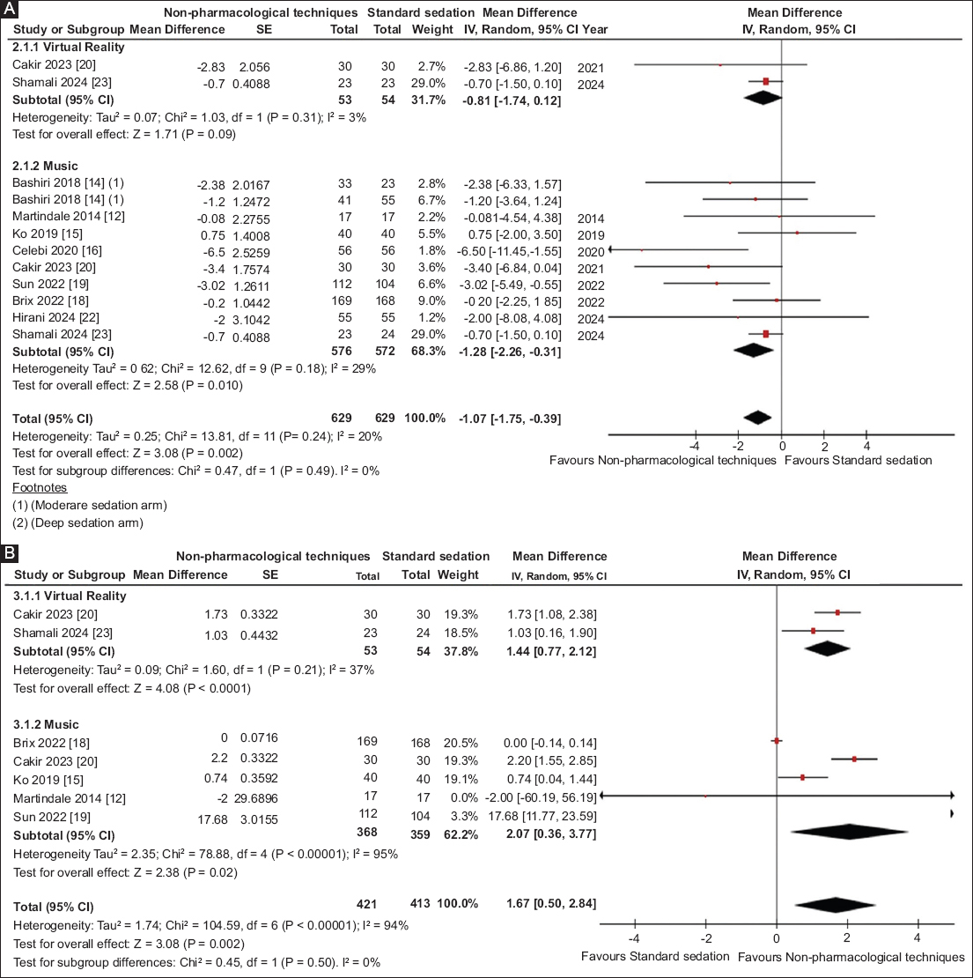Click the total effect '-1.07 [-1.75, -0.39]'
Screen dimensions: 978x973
tap(512, 418)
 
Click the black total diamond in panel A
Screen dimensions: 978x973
tap(757, 418)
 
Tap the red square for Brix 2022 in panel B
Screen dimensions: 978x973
tap(777, 741)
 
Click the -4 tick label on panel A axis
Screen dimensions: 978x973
tap(695, 446)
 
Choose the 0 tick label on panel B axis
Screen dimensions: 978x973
tap(776, 937)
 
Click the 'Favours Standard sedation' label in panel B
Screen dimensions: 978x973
tap(655, 957)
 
